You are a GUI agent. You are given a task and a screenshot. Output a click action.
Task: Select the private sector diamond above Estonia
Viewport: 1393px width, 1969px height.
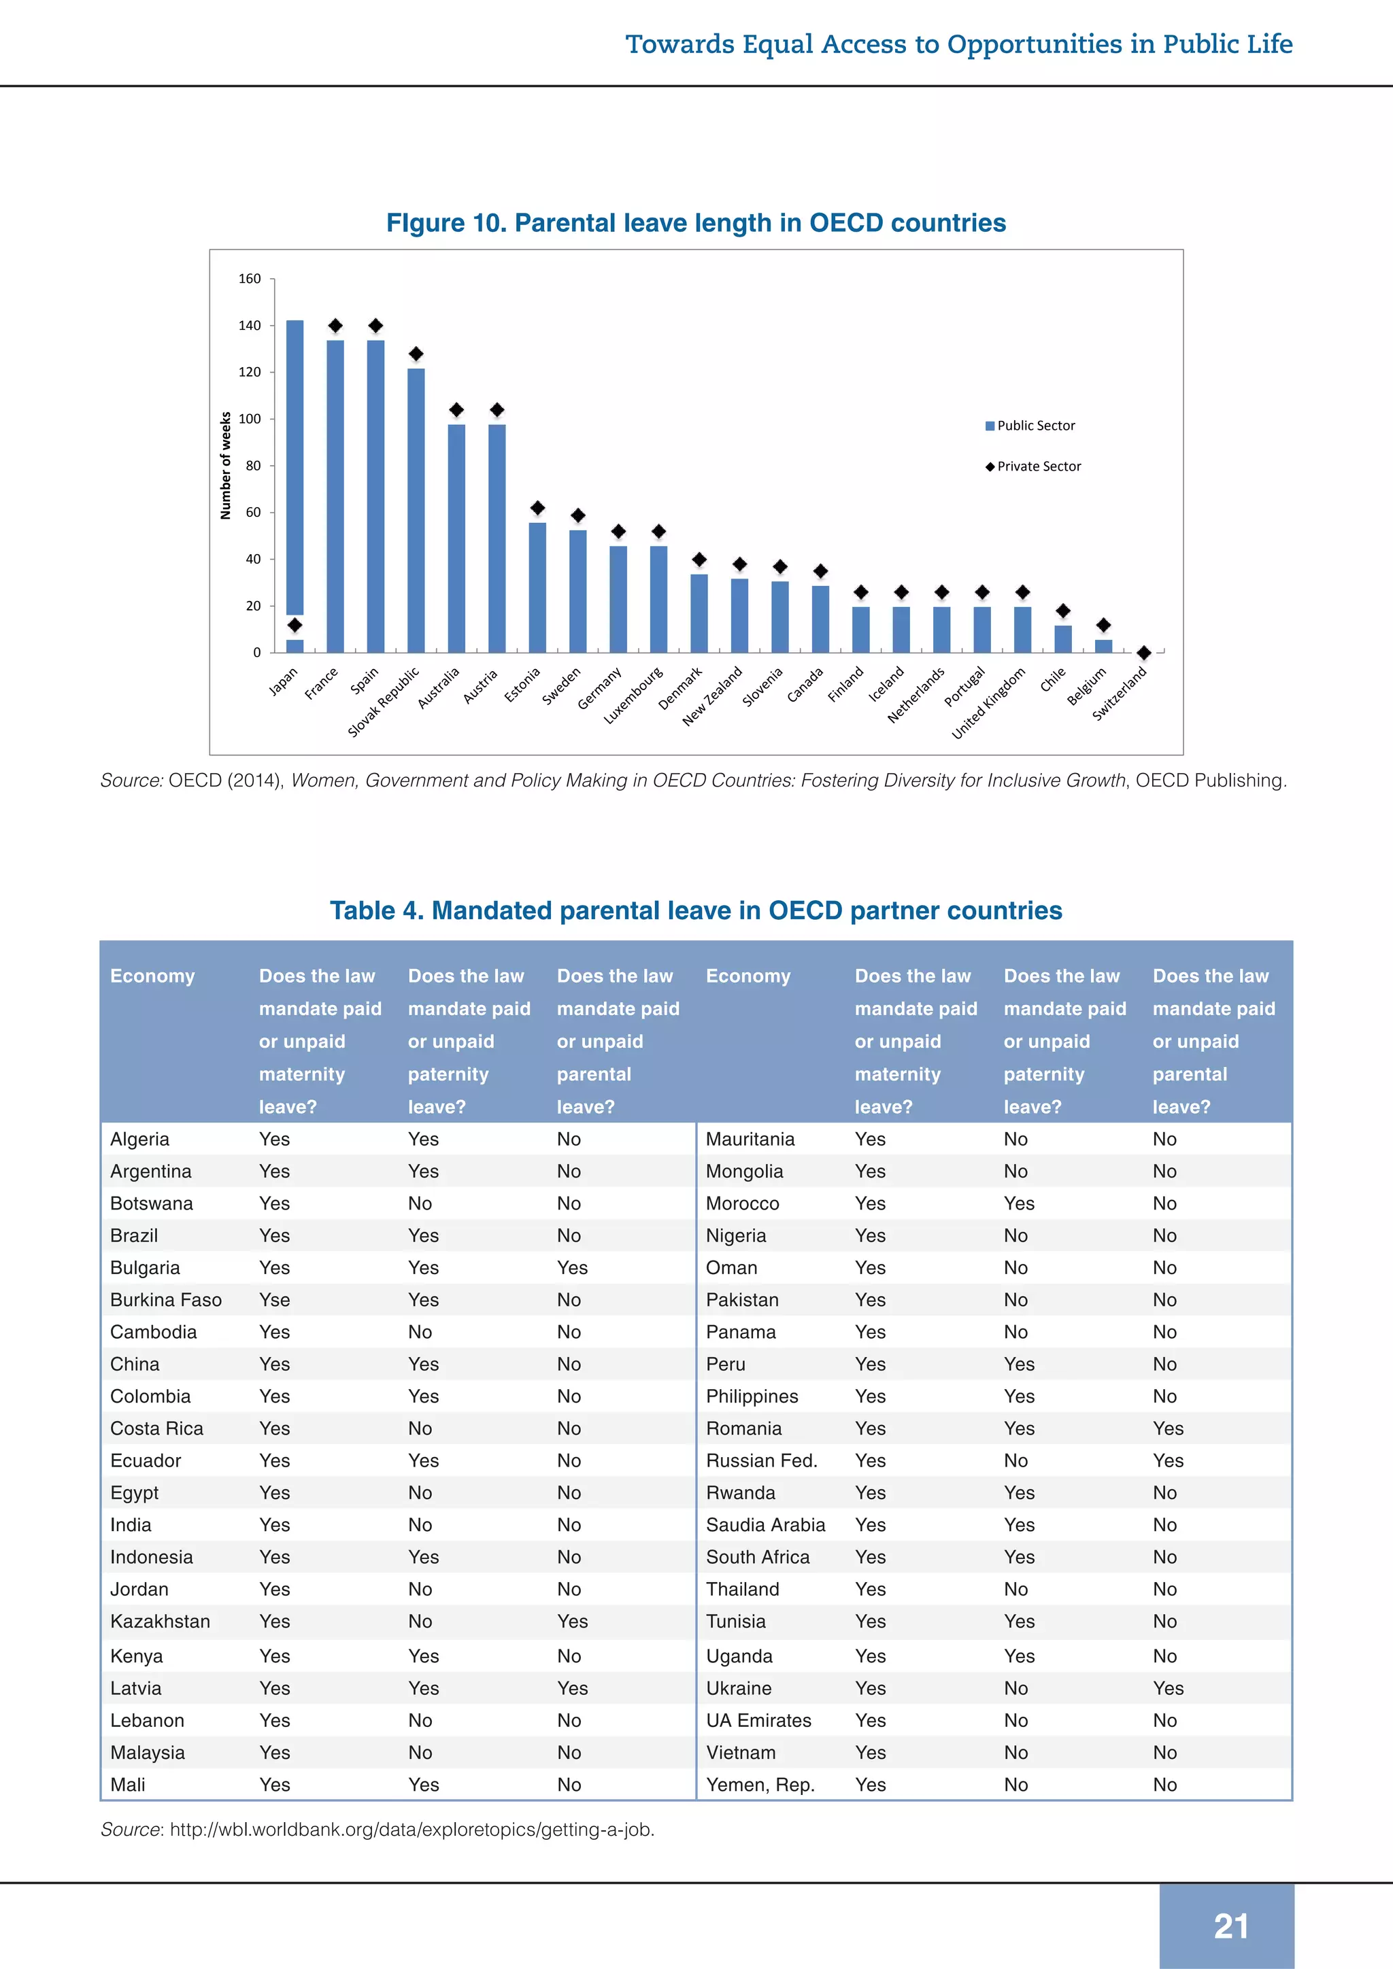tap(538, 509)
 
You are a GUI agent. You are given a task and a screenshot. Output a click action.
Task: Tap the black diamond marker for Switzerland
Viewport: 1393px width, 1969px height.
tap(1143, 653)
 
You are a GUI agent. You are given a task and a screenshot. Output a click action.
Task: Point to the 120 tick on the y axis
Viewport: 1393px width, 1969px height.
tap(250, 372)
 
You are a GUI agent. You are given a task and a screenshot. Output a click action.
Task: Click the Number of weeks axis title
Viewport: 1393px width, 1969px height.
tap(226, 466)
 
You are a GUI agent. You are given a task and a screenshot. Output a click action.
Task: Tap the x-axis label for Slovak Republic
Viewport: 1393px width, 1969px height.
tap(384, 702)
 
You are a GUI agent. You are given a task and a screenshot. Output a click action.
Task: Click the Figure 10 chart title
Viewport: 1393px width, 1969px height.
tap(696, 223)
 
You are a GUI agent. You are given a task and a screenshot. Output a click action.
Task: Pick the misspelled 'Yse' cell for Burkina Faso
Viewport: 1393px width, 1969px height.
tap(275, 1300)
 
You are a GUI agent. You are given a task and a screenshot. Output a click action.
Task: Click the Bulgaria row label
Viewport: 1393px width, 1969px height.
tap(145, 1267)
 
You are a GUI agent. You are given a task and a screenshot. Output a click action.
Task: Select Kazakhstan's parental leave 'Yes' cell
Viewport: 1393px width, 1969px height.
tap(572, 1621)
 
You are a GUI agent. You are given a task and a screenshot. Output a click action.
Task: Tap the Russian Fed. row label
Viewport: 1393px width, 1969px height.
tap(761, 1460)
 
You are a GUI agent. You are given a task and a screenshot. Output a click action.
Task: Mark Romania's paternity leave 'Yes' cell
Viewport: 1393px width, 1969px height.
tap(1019, 1428)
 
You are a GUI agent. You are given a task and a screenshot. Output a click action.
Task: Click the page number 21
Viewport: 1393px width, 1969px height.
tap(1230, 1926)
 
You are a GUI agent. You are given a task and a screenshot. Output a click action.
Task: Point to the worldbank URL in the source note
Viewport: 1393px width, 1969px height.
tap(412, 1829)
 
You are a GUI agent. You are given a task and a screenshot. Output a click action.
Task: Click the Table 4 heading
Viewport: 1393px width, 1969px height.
tap(696, 911)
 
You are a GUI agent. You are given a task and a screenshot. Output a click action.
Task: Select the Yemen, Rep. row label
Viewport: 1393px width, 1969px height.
tap(760, 1785)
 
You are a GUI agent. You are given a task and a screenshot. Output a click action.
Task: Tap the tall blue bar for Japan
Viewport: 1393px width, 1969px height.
tap(295, 467)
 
